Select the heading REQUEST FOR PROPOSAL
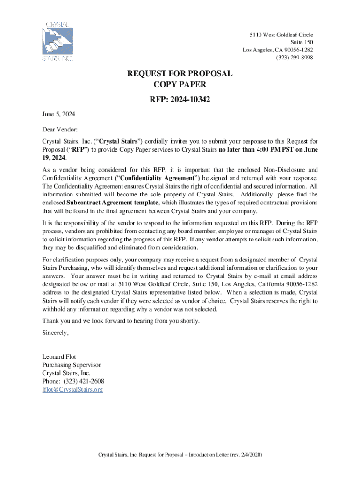(180, 74)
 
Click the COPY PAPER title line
(180, 85)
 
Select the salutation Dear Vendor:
(60, 129)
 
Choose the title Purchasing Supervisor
(72, 365)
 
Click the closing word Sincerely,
(56, 333)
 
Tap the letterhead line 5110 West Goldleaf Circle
(281, 35)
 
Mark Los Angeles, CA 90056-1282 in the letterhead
(278, 50)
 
